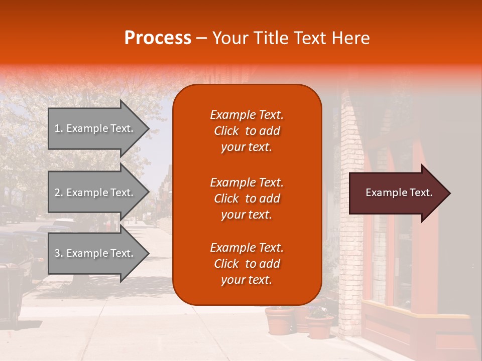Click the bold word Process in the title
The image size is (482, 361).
[158, 38]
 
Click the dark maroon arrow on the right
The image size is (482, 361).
[397, 193]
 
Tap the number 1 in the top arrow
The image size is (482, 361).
[57, 128]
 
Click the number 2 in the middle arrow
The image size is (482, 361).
[57, 193]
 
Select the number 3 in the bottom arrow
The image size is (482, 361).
[57, 253]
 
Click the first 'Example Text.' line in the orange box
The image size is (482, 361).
[247, 115]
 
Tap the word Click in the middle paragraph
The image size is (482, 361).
[226, 199]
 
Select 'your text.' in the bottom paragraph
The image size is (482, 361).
[247, 280]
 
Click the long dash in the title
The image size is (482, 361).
[202, 38]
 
